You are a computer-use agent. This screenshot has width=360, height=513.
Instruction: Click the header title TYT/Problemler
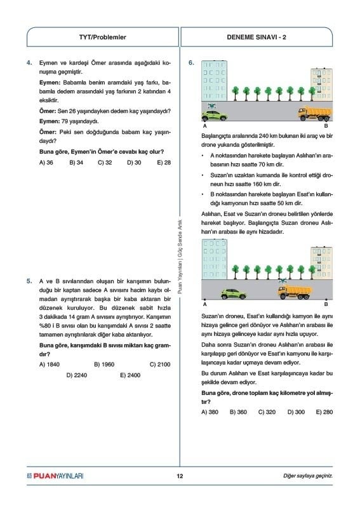[102, 37]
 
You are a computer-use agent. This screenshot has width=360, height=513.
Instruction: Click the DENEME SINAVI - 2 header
[257, 37]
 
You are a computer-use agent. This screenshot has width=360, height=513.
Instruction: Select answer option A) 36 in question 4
[46, 163]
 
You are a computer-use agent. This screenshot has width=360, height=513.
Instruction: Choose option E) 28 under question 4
[164, 163]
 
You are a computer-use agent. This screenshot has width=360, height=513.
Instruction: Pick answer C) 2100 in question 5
[160, 364]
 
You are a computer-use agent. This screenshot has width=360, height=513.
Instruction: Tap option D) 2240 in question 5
[77, 375]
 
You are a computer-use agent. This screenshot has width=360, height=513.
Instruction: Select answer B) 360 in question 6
[238, 412]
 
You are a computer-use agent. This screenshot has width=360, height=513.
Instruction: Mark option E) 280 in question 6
[324, 412]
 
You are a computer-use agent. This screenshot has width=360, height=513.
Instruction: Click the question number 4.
[29, 63]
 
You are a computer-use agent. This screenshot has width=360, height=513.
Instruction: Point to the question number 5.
[29, 281]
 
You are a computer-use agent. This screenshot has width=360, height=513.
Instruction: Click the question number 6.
[192, 63]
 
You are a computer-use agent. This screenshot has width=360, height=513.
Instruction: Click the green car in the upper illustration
[215, 116]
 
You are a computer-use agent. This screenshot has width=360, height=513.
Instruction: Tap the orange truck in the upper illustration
[315, 114]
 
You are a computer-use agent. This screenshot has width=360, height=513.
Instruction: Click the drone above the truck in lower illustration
[282, 281]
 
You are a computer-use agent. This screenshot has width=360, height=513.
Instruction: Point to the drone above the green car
[211, 105]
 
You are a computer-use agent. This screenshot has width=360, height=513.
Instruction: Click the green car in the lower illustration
[234, 294]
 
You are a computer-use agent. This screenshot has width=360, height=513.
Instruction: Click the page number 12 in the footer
[180, 476]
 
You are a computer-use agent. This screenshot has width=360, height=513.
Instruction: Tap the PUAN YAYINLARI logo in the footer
[55, 476]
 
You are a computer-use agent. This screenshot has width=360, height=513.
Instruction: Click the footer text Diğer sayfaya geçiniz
[308, 476]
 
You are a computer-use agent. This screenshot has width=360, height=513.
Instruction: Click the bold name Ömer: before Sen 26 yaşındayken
[48, 111]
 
